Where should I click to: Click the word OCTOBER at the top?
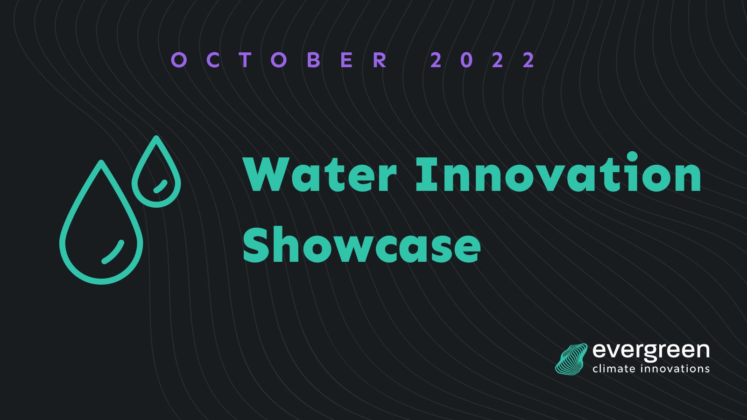click(x=279, y=60)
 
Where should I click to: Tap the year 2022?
click(x=482, y=60)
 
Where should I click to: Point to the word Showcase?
click(x=362, y=245)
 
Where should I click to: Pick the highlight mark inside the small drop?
click(x=161, y=186)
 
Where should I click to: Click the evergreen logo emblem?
click(x=571, y=359)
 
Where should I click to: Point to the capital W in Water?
click(x=267, y=175)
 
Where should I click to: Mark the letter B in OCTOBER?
click(x=313, y=60)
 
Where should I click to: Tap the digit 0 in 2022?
click(x=467, y=60)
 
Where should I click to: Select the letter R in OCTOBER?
click(x=380, y=60)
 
